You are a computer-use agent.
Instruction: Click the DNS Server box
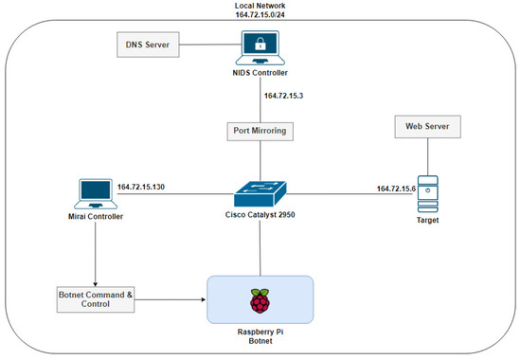[x=148, y=44]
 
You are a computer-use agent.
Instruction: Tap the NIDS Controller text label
[x=260, y=73]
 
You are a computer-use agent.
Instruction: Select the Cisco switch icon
[x=260, y=193]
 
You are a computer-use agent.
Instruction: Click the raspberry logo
[x=259, y=301]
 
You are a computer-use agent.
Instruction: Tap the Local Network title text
[x=260, y=6]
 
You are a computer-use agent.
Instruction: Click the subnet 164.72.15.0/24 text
[x=260, y=16]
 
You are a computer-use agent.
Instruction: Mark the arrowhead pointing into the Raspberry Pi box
[x=202, y=302]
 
